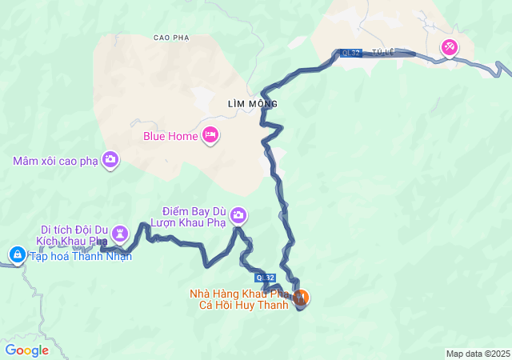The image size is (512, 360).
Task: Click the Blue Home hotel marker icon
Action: click(210, 135)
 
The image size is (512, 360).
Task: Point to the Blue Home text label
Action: click(170, 136)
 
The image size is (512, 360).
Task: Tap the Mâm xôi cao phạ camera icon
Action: click(110, 160)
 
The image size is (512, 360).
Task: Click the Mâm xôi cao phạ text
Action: click(54, 161)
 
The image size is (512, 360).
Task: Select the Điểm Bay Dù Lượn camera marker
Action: click(238, 215)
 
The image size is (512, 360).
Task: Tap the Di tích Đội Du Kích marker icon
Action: click(121, 234)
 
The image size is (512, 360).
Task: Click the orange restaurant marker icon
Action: click(302, 298)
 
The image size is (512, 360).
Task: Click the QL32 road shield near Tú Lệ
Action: click(350, 53)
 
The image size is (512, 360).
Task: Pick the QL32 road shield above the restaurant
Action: click(266, 277)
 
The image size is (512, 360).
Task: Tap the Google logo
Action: click(26, 350)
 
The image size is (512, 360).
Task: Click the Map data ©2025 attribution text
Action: click(478, 354)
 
